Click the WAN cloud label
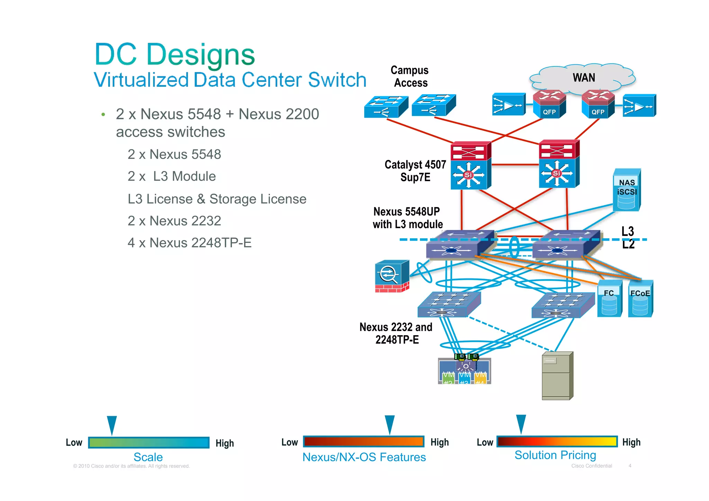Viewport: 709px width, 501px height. [584, 78]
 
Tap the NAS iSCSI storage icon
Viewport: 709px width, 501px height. [627, 190]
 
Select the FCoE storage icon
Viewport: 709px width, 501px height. [640, 299]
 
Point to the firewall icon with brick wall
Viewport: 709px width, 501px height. [392, 276]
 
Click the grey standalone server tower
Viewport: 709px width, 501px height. [557, 376]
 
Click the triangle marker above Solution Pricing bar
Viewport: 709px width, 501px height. [521, 423]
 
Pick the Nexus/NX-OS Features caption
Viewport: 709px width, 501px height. [364, 457]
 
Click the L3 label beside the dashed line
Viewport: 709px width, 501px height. [627, 231]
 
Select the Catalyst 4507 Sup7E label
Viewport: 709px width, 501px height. [415, 171]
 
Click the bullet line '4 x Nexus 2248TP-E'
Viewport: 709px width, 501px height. [189, 243]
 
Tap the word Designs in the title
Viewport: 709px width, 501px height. [201, 55]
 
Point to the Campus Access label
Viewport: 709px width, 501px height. [410, 77]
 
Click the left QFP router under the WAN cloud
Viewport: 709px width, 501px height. [549, 105]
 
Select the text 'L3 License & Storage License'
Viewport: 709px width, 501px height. [217, 199]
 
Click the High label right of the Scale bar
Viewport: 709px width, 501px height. [225, 443]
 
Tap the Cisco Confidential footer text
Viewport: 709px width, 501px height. [591, 466]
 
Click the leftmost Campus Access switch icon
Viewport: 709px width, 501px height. [386, 107]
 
